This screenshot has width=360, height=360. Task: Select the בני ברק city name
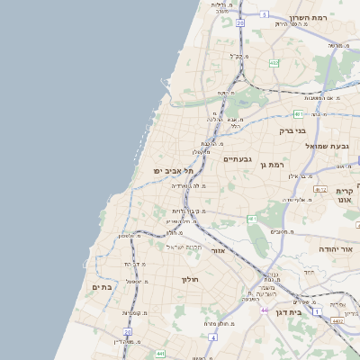coord(292,130)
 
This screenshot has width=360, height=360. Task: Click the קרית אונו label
coord(346,196)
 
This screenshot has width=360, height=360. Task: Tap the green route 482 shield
coord(274,63)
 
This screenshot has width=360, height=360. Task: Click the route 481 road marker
coord(297,114)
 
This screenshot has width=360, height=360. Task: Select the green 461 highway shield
coord(252,219)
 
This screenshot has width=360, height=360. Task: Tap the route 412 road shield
coord(320,189)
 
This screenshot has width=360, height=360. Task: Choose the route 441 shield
coord(160,354)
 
